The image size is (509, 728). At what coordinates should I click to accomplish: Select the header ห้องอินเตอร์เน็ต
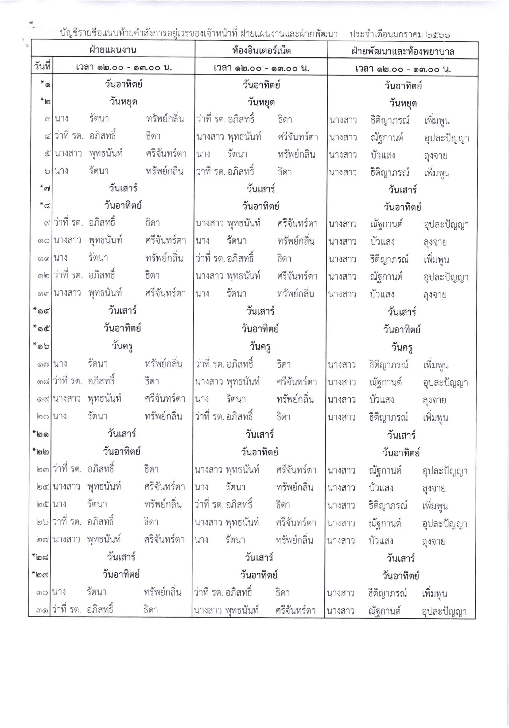point(261,51)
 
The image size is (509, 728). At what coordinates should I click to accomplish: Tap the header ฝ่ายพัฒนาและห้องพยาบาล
point(403,52)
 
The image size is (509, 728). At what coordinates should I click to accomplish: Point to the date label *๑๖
point(41,346)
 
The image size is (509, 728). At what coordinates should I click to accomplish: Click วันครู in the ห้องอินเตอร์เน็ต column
point(260,347)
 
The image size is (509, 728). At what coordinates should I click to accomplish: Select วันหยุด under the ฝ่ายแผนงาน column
point(123,102)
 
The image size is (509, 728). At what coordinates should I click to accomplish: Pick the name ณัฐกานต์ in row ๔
point(387,138)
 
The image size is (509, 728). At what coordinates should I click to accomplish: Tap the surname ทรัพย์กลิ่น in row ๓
point(165,119)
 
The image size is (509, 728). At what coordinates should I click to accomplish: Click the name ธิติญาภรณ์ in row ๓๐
point(387,593)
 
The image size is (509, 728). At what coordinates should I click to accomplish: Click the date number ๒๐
point(43,416)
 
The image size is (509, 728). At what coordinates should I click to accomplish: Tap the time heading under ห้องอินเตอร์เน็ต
point(261,68)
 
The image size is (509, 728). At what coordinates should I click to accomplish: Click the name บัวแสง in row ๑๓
point(382,294)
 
